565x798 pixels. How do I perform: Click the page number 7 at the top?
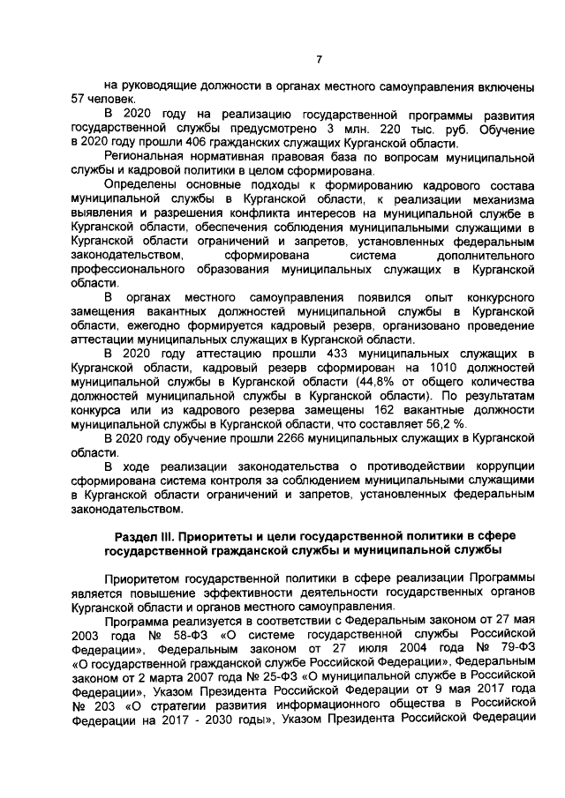click(320, 59)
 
